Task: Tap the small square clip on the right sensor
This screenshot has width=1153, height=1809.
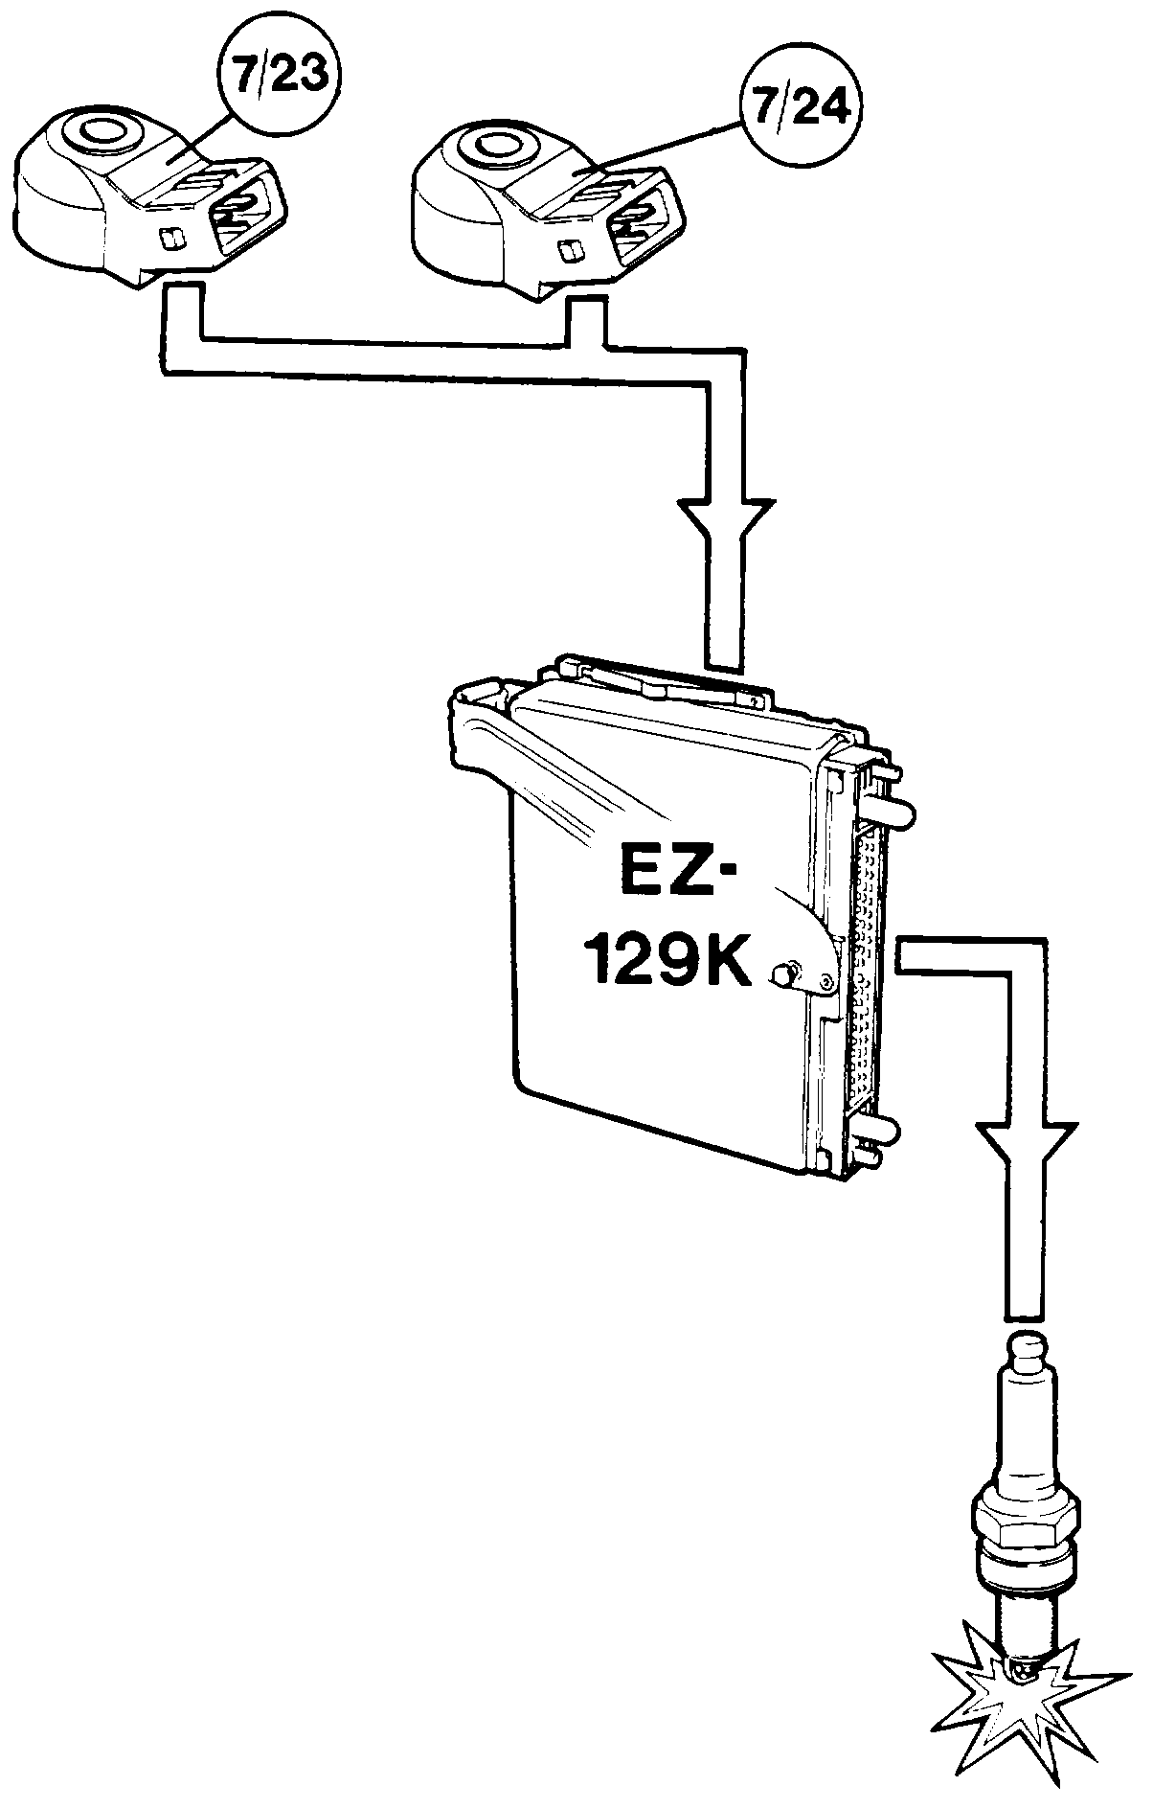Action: tap(568, 250)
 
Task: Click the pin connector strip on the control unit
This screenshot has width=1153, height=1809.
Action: tap(868, 970)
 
